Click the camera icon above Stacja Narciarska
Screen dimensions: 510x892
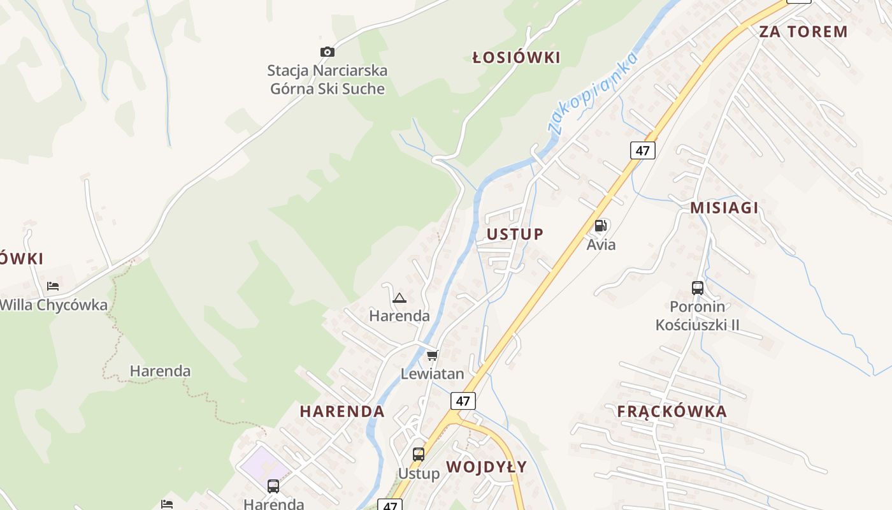tap(327, 52)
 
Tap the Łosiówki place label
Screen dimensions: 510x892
tap(516, 58)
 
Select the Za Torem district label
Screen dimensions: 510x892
tap(803, 31)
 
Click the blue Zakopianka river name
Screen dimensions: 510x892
tap(593, 92)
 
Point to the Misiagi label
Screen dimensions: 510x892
tap(724, 207)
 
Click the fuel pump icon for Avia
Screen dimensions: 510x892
tap(600, 226)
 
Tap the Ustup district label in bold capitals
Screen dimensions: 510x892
tap(515, 234)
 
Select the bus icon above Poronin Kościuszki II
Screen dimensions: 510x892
tap(698, 288)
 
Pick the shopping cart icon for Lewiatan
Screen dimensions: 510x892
tap(433, 355)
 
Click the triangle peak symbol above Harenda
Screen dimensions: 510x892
tap(399, 298)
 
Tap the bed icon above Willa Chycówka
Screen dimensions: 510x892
tap(53, 286)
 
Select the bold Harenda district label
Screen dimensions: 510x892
tap(342, 411)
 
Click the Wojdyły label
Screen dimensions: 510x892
tap(487, 467)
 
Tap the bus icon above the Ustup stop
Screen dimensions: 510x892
tap(419, 455)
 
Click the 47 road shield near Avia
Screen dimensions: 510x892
tap(643, 150)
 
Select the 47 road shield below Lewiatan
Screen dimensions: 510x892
tap(463, 401)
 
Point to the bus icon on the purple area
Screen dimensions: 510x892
tap(273, 486)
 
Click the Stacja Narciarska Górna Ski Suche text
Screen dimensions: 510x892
tap(327, 80)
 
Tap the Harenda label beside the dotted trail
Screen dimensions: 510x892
tap(160, 371)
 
